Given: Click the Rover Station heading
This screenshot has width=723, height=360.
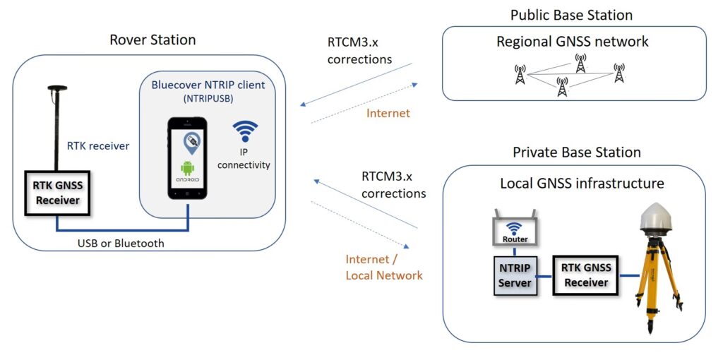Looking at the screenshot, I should [152, 40].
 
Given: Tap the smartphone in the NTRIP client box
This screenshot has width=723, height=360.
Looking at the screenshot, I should [188, 158].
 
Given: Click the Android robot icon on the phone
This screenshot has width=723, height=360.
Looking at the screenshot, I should [188, 169].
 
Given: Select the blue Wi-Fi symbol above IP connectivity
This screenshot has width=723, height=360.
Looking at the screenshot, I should [245, 131].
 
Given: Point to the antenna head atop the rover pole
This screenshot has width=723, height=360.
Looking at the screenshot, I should [56, 89].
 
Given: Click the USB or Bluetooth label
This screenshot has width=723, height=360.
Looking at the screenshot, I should [120, 244].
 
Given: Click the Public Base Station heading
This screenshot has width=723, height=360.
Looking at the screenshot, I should [571, 15].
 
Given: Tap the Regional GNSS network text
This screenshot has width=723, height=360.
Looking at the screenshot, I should [573, 42].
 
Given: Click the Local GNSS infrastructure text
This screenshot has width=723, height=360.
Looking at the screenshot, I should [582, 184].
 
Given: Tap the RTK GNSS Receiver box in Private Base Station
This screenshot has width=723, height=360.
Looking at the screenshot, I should [586, 275].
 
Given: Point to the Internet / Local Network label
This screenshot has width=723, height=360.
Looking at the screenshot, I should [383, 267].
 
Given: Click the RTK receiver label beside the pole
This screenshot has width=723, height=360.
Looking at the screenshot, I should [98, 146].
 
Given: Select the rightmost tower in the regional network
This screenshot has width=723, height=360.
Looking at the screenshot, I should [619, 73].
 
